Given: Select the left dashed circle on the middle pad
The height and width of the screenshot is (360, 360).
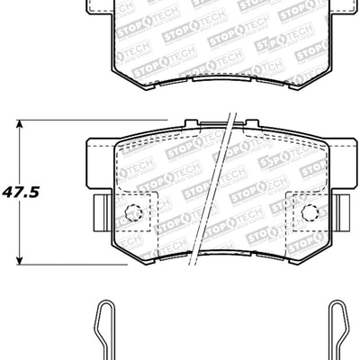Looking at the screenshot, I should click(132, 213).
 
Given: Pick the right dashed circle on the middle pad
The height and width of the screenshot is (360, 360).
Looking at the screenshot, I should click(310, 213).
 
